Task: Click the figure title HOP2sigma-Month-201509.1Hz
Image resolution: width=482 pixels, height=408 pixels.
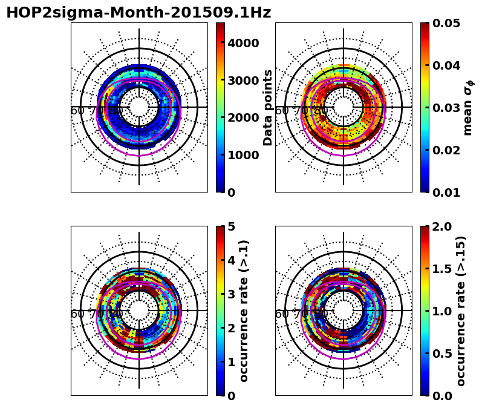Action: point(138,13)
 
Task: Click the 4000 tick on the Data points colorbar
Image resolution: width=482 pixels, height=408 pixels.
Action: point(243,42)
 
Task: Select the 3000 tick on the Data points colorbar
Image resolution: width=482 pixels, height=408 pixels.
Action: point(243,80)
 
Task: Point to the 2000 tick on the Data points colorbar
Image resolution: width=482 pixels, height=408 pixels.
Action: point(243,117)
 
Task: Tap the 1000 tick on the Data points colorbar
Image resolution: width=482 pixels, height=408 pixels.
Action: point(243,155)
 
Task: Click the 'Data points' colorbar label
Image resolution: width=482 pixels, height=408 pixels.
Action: point(269,107)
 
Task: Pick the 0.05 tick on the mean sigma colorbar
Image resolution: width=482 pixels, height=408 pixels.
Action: point(448,24)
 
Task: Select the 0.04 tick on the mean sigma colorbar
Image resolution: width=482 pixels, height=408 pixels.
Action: point(448,65)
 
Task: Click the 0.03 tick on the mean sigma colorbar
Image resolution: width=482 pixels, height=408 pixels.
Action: point(448,108)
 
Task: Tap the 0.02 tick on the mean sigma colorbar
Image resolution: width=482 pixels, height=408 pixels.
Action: point(448,150)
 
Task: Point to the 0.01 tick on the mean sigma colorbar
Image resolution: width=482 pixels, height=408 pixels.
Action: point(448,192)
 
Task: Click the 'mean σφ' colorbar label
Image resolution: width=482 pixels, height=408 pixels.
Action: point(468,107)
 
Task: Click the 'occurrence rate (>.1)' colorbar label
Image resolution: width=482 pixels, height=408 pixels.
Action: point(244,311)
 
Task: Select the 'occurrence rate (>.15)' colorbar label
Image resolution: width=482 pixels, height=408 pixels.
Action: point(461,311)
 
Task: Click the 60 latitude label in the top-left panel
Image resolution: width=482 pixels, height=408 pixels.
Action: point(77,111)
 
